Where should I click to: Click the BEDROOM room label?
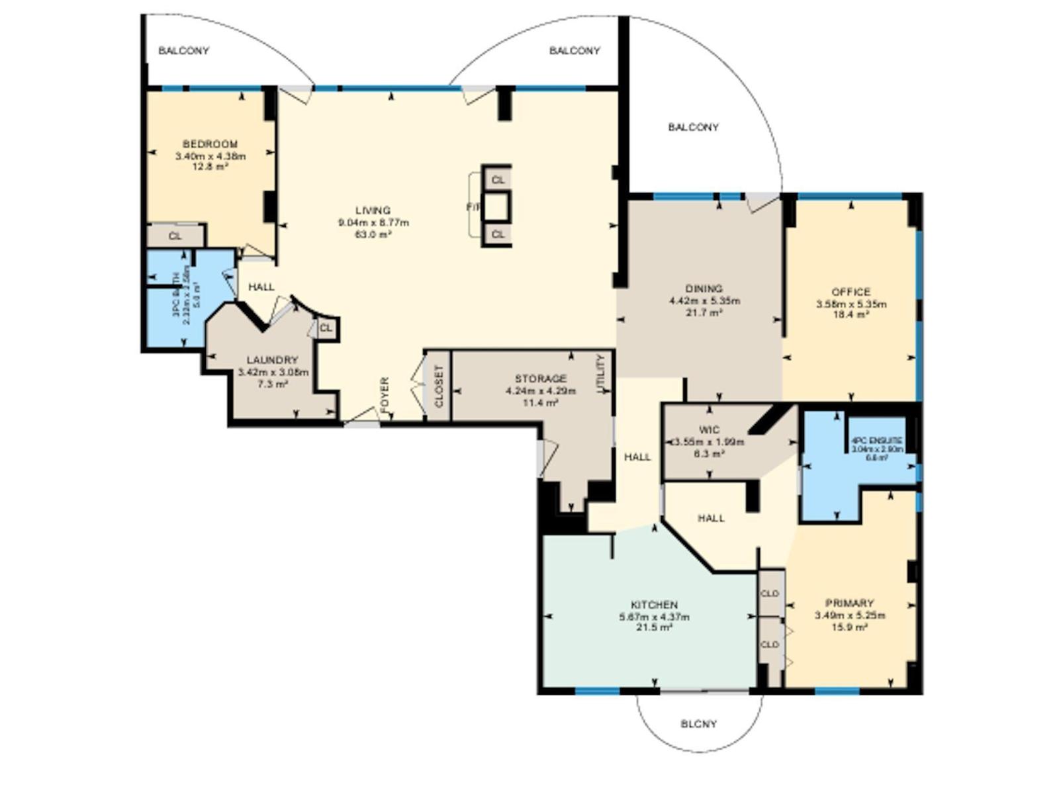210,144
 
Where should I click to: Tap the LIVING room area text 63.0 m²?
373,234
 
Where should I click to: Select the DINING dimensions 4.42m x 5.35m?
704,301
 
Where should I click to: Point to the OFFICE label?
851,292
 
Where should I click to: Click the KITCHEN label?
654,605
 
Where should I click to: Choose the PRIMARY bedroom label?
849,603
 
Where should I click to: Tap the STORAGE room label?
541,378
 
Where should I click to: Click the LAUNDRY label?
272,360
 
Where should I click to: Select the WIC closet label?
709,430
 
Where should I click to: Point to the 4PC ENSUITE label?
877,440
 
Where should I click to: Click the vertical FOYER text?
385,394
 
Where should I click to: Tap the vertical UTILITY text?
601,374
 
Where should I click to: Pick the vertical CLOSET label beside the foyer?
438,386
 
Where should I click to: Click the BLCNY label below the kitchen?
698,724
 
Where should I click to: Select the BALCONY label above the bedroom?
183,51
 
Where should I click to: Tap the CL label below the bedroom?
175,236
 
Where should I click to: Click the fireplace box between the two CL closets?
497,206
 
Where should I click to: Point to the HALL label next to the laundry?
261,287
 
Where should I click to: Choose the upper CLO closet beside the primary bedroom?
770,594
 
